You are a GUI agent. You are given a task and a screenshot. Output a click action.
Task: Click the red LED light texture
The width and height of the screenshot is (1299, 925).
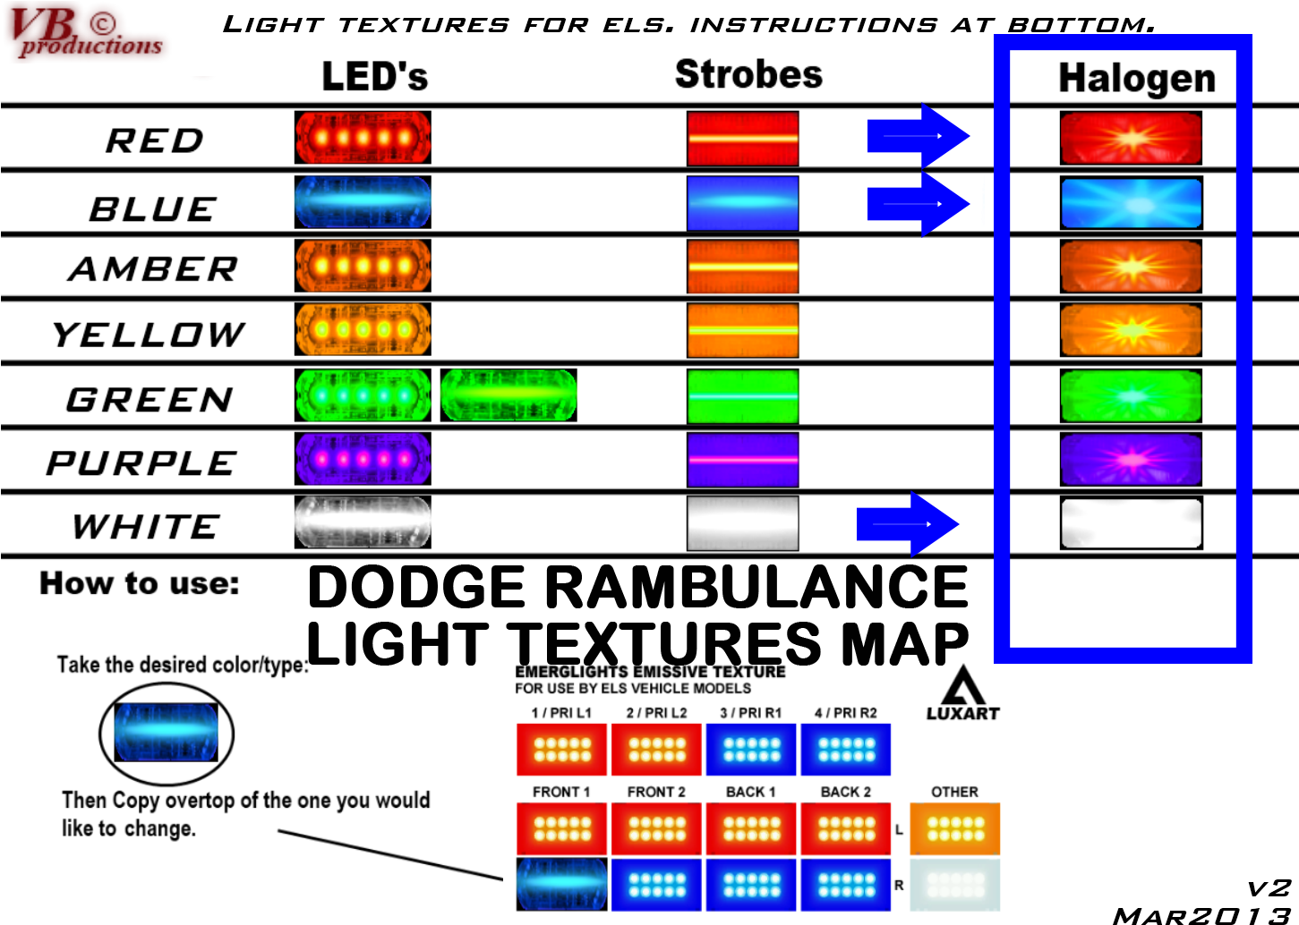pos(363,138)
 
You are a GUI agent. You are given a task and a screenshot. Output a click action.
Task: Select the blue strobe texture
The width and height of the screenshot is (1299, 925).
pos(742,203)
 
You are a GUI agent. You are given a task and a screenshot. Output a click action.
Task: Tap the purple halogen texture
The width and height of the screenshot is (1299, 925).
pos(1131,459)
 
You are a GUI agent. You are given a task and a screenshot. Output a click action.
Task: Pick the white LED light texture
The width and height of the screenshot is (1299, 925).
pos(363,522)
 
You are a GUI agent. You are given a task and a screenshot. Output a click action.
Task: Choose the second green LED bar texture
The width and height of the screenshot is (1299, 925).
pos(508,395)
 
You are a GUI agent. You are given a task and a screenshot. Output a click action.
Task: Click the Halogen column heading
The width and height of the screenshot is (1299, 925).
pos(1137,78)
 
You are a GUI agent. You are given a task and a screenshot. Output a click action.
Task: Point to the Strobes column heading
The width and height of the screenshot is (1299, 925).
pos(748,74)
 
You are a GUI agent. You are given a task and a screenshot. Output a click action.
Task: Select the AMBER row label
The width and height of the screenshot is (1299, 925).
pos(153,269)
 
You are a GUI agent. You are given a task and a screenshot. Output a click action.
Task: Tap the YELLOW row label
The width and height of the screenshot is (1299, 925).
pos(149,335)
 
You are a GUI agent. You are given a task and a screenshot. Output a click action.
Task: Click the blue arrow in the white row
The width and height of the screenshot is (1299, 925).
pos(908,524)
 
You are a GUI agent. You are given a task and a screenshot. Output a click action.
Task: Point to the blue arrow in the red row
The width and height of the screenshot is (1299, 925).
pos(918,136)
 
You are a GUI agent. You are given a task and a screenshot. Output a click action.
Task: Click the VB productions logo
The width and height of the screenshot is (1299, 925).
pos(87,32)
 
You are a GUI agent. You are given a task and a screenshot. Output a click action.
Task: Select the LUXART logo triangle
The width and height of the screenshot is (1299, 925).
pos(962,684)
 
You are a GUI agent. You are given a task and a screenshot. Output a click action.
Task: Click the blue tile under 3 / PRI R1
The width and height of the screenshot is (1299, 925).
pos(751,750)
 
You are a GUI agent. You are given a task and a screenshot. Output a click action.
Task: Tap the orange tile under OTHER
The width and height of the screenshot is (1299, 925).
pos(954,828)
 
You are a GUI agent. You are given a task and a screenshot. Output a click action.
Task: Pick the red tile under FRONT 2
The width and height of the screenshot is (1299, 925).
pos(656,828)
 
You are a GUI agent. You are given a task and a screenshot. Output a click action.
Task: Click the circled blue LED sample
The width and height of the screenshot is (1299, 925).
pos(166,732)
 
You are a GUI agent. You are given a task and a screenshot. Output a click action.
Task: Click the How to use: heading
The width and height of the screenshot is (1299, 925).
pos(139,583)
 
